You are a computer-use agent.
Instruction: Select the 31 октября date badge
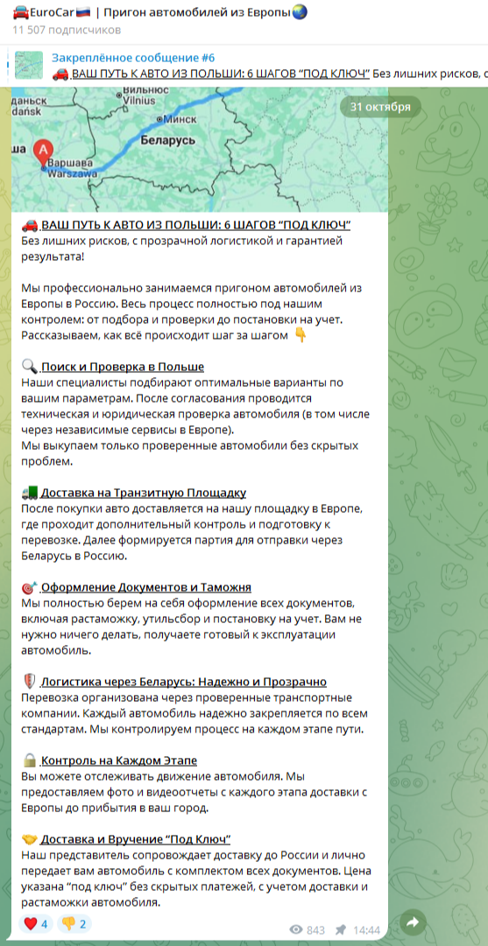pos(380,107)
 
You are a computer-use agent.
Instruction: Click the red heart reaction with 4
pos(37,922)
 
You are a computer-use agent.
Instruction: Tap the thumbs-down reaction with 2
pos(74,922)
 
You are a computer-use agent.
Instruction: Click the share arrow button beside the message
pos(412,921)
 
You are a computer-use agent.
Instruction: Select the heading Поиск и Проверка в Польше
pos(122,368)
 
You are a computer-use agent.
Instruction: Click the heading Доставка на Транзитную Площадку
pos(143,493)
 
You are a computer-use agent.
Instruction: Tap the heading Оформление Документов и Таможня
pos(146,587)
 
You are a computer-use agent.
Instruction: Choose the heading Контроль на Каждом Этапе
pos(118,760)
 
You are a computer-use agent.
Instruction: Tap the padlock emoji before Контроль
pos(29,760)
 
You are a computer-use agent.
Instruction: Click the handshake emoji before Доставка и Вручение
pos(29,839)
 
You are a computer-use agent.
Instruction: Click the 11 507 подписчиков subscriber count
pos(66,29)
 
